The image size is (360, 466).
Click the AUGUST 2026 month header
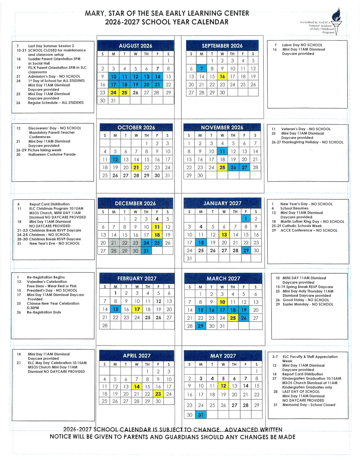click(x=136, y=46)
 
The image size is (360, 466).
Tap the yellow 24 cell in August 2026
click(x=114, y=92)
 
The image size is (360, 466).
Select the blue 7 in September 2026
click(x=201, y=68)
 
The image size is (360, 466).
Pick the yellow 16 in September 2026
click(x=222, y=76)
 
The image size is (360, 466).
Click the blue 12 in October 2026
click(x=115, y=159)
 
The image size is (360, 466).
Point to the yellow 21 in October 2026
click(x=136, y=167)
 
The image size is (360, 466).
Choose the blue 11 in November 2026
click(x=222, y=151)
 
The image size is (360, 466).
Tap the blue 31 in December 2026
click(x=146, y=251)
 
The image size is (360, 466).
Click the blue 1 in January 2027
click(x=246, y=218)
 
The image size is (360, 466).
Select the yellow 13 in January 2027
click(x=224, y=234)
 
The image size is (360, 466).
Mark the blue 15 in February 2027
click(x=115, y=309)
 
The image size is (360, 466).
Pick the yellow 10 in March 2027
click(x=222, y=302)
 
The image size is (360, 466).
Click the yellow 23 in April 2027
click(x=158, y=394)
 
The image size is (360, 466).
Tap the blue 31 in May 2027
click(x=201, y=415)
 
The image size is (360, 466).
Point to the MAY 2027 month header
click(x=223, y=356)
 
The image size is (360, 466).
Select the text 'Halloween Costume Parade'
click(x=52, y=154)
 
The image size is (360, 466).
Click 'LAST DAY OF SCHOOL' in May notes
click(x=301, y=392)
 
